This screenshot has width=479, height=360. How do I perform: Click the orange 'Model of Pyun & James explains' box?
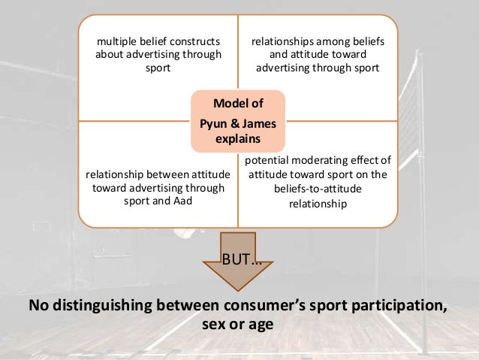[238, 120]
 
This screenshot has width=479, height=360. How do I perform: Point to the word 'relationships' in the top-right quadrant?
[284, 42]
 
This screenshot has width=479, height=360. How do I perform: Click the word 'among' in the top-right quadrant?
[334, 42]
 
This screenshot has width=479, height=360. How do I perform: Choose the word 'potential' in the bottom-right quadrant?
[268, 159]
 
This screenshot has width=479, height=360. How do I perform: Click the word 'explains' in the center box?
[238, 139]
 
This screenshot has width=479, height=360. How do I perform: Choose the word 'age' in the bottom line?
[261, 325]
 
